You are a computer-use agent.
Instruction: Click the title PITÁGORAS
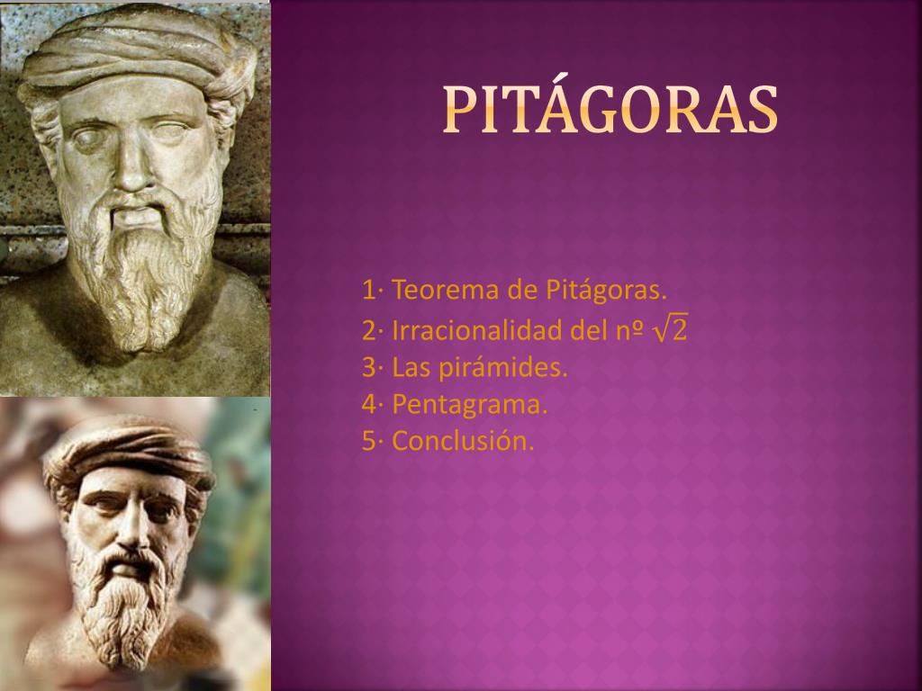pyautogui.click(x=610, y=109)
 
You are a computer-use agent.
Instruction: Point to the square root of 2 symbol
pyautogui.click(x=670, y=330)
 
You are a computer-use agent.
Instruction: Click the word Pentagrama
pyautogui.click(x=470, y=405)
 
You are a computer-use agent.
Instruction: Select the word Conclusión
pyautogui.click(x=464, y=442)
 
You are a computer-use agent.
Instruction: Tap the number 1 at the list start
pyautogui.click(x=368, y=292)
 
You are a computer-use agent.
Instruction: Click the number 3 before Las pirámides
pyautogui.click(x=368, y=368)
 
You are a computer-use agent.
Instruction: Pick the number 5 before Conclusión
pyautogui.click(x=368, y=442)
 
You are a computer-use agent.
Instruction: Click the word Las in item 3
pyautogui.click(x=411, y=368)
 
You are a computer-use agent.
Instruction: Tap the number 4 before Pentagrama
pyautogui.click(x=368, y=405)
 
